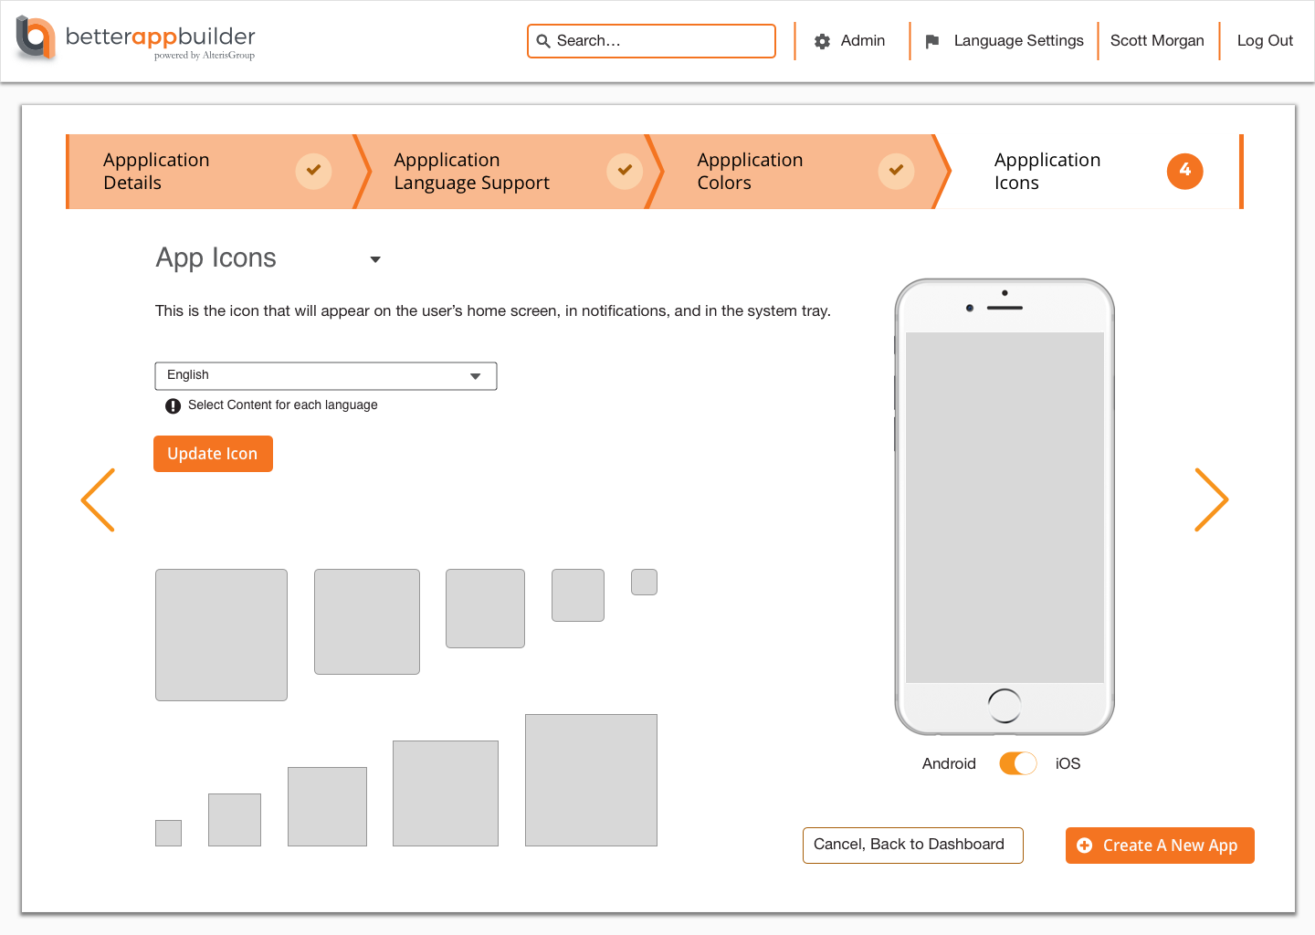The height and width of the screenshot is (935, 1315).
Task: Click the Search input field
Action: tap(651, 40)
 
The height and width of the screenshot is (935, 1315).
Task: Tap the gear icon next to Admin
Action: tap(822, 41)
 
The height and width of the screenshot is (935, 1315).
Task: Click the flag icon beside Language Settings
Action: tap(931, 41)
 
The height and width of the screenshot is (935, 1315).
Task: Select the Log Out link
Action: tap(1265, 40)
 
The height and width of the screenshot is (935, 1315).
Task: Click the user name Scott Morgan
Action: tap(1156, 40)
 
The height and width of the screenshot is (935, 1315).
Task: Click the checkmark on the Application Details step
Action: tap(313, 171)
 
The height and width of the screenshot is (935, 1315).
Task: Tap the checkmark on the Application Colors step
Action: tap(896, 171)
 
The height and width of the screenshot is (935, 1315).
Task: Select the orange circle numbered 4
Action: tap(1184, 171)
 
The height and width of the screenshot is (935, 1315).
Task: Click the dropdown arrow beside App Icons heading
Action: tap(375, 259)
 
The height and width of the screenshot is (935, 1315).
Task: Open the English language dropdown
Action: tap(326, 375)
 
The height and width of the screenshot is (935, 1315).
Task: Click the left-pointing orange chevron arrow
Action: tap(98, 500)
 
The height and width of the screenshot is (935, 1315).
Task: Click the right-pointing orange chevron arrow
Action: tap(1211, 500)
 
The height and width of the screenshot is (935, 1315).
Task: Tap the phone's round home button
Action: tap(1005, 705)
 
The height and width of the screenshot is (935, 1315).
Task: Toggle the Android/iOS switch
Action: tap(1018, 763)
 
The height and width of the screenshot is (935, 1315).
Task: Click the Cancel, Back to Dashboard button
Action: tap(913, 846)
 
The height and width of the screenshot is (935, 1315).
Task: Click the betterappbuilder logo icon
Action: tap(36, 37)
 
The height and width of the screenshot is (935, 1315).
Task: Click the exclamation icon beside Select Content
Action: tap(173, 405)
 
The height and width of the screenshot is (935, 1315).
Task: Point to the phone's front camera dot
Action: tap(969, 308)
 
